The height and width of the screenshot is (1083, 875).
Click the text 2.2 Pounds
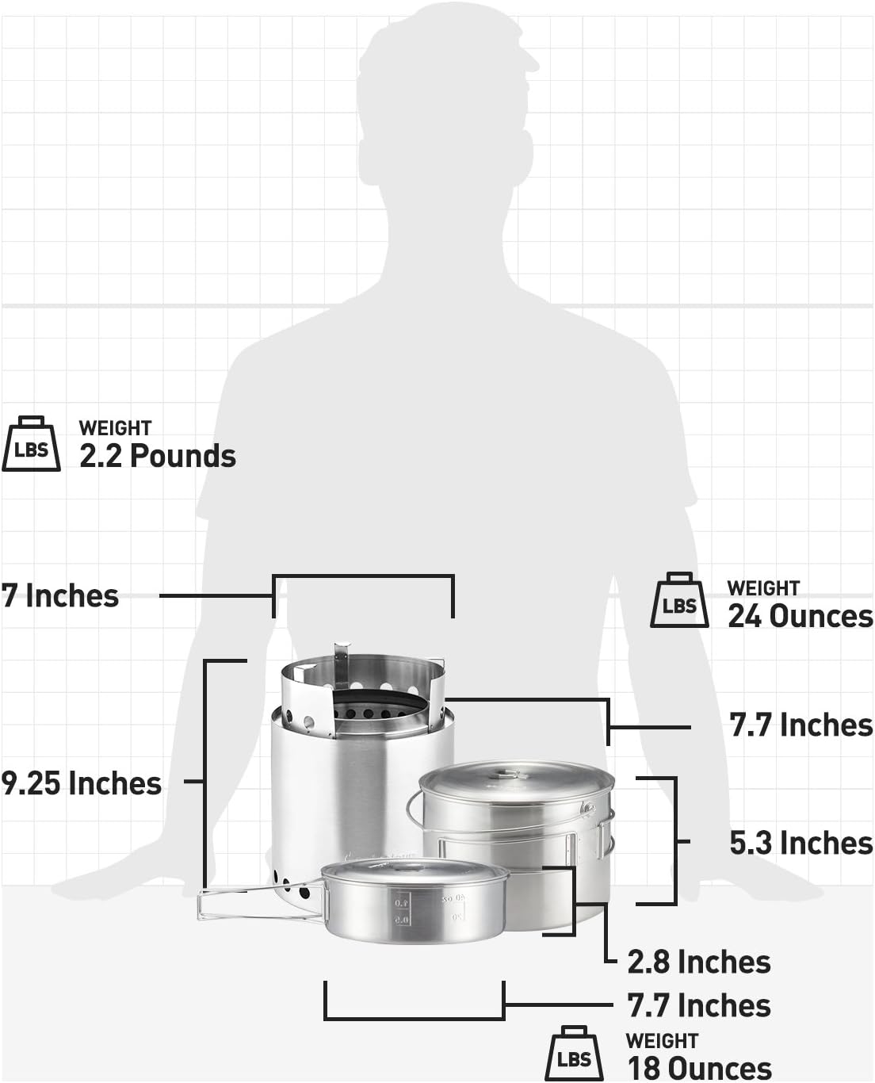tap(157, 457)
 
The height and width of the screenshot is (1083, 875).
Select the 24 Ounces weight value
tap(800, 616)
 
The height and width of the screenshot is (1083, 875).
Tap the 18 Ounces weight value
tap(698, 1068)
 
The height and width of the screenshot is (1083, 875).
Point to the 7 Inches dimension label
tap(60, 595)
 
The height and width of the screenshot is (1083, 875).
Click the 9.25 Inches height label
tap(81, 783)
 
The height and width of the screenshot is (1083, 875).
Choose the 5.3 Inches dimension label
tap(800, 843)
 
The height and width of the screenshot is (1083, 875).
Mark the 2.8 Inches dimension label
tap(698, 962)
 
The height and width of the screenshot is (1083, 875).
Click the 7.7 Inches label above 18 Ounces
tap(698, 1005)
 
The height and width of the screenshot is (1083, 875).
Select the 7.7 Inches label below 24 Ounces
tap(800, 725)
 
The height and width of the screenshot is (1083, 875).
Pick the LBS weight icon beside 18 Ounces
tap(574, 1055)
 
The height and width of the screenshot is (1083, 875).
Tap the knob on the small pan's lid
tap(406, 868)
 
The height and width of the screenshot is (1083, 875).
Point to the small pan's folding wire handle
tap(230, 905)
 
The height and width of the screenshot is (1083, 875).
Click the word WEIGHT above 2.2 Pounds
tap(115, 428)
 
